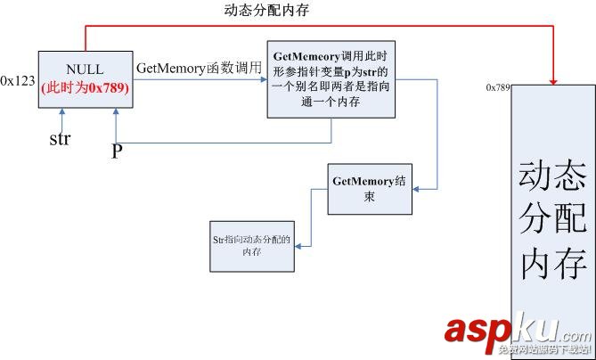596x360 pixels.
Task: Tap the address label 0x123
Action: pyautogui.click(x=17, y=80)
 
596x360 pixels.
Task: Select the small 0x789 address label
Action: pyautogui.click(x=497, y=87)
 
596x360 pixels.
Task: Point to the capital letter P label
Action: pyautogui.click(x=116, y=151)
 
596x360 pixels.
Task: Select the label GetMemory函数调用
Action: pyautogui.click(x=199, y=68)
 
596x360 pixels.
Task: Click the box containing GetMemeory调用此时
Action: pyautogui.click(x=331, y=78)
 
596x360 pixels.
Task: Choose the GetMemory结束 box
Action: pyautogui.click(x=369, y=188)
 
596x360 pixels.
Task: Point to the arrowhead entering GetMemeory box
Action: pyautogui.click(x=263, y=80)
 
